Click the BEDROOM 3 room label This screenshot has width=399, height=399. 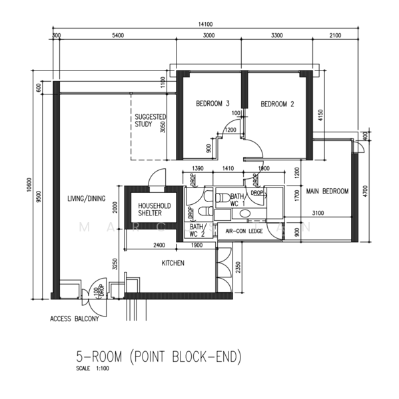tap(212, 104)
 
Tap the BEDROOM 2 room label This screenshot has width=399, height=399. tap(277, 104)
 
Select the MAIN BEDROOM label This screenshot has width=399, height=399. tap(327, 192)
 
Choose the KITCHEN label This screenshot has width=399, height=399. tap(173, 263)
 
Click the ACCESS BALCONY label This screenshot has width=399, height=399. tap(74, 319)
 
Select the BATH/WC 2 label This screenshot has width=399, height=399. tap(197, 230)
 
